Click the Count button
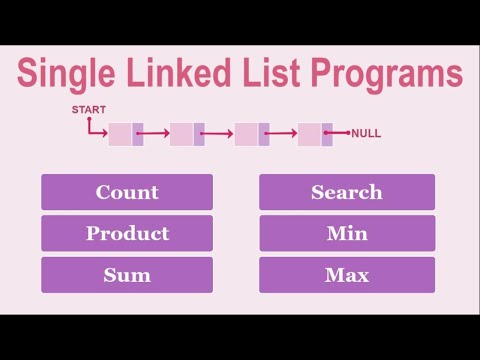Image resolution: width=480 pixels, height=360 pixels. click(127, 192)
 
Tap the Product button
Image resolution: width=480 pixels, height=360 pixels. click(127, 234)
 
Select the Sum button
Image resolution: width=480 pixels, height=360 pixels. click(127, 275)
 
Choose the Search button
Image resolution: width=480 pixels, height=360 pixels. click(346, 192)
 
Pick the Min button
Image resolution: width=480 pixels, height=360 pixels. click(346, 234)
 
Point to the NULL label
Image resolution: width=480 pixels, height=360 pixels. click(366, 133)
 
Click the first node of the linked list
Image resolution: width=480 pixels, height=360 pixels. click(125, 133)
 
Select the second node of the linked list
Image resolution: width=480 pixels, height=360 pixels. click(187, 133)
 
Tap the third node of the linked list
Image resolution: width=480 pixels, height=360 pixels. click(251, 133)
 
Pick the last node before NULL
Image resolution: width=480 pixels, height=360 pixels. click(314, 133)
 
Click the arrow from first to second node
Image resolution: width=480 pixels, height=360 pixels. click(156, 133)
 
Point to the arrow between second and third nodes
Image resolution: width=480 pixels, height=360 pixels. click(219, 133)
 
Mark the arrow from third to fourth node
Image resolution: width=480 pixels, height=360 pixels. click(283, 133)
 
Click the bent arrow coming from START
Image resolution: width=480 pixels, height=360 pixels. click(93, 130)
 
